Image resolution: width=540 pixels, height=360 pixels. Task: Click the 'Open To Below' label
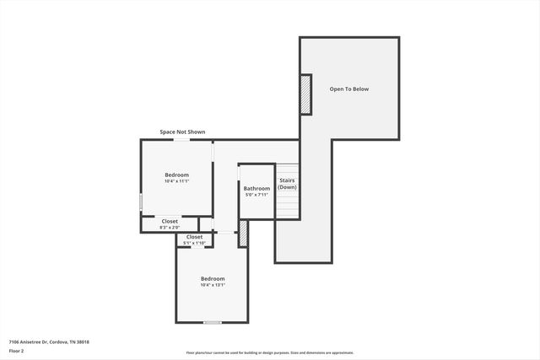coord(348,89)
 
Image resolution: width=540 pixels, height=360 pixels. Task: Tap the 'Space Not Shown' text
coord(182,132)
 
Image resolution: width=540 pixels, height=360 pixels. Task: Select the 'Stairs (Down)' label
coord(287,183)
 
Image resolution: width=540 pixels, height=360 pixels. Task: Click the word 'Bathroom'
coord(256,188)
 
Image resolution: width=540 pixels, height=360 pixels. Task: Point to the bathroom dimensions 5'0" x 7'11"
coord(256,195)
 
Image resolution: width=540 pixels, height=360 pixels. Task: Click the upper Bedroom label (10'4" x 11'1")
coord(176,175)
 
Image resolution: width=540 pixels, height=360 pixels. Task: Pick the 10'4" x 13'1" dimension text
coord(213,285)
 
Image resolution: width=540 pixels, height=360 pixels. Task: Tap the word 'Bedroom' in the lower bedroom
coord(213,278)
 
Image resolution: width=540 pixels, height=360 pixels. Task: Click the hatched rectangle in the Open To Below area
coord(305,95)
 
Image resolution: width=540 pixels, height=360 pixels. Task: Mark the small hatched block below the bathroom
coord(243,234)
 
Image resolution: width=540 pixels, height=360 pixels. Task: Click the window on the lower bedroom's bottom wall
coord(213,322)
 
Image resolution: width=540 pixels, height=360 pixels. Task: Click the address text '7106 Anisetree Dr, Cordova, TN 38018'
coord(49,341)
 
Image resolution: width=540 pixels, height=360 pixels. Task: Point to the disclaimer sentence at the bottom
coord(270,353)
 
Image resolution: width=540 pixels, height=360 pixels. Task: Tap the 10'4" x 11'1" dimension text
coord(176,181)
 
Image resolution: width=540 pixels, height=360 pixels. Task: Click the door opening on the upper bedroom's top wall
coord(181,140)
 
